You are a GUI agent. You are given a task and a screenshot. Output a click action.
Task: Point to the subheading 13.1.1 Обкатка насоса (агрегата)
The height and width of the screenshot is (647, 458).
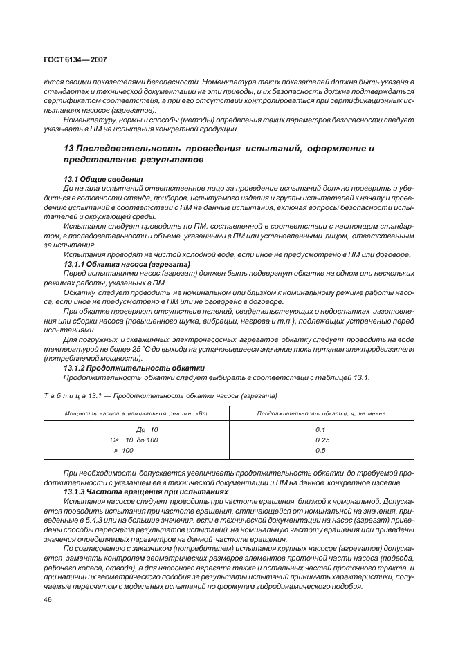point(127,264)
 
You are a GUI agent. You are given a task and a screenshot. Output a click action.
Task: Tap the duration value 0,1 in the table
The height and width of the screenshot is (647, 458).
point(320,430)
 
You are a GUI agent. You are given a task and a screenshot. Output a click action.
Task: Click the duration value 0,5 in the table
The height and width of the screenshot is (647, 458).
point(320,450)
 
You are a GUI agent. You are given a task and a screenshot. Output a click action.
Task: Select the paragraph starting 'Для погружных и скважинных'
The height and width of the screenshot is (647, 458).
point(228,349)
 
